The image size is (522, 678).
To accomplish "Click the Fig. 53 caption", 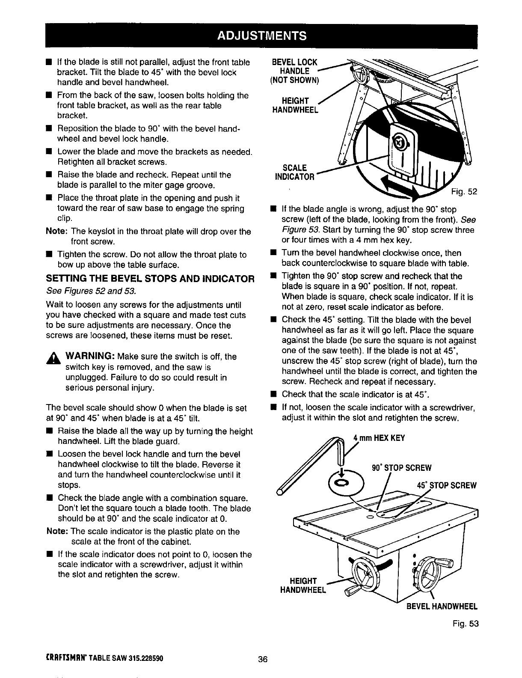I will click(466, 624).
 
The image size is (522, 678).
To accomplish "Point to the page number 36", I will click(262, 659).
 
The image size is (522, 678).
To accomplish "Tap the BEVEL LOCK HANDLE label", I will click(296, 71).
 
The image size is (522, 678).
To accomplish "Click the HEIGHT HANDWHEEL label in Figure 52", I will click(295, 105).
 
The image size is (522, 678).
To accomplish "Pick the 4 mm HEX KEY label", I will click(378, 438).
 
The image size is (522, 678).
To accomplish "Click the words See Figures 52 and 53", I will click(91, 291).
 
